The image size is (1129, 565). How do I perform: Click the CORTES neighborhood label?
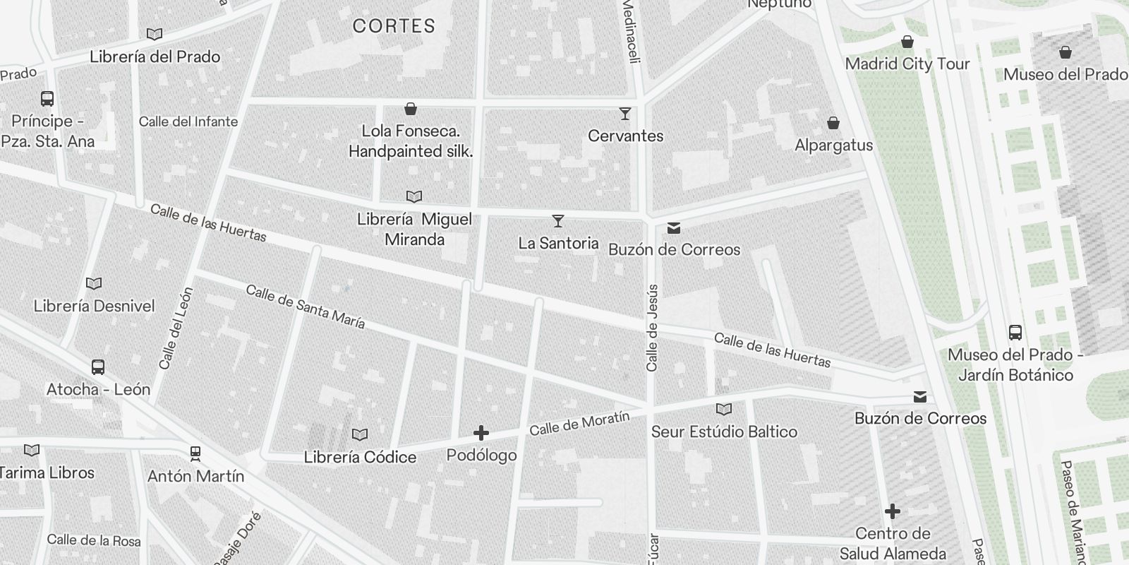coord(394,27)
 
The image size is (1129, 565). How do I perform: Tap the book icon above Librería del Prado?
coord(155,34)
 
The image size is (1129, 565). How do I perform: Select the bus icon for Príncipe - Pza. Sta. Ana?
coord(47,99)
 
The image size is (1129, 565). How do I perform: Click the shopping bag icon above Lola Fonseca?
coord(411,109)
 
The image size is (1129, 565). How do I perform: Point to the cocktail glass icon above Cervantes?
coord(625,113)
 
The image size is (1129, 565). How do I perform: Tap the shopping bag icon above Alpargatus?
coord(833,124)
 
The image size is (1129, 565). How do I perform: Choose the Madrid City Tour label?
coord(907,64)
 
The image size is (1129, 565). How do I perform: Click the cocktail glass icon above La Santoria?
coord(558,221)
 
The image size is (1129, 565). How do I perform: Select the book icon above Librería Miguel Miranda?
coord(414,196)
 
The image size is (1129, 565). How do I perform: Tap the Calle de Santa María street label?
coord(306,307)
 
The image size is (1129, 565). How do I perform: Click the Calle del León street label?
coord(176,328)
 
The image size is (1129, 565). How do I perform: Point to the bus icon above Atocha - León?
coord(98,367)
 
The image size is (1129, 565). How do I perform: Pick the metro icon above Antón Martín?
coord(195,453)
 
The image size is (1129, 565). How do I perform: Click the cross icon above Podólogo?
coord(481,433)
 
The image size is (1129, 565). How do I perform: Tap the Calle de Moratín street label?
coord(579,423)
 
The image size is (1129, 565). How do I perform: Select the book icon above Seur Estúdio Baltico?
coord(724,409)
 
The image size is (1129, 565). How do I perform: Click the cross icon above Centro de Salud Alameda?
coord(893,511)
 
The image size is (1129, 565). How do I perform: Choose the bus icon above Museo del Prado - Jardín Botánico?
coord(1015,332)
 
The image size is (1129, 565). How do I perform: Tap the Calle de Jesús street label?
coord(652,328)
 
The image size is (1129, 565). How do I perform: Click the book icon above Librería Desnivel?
coord(94,283)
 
